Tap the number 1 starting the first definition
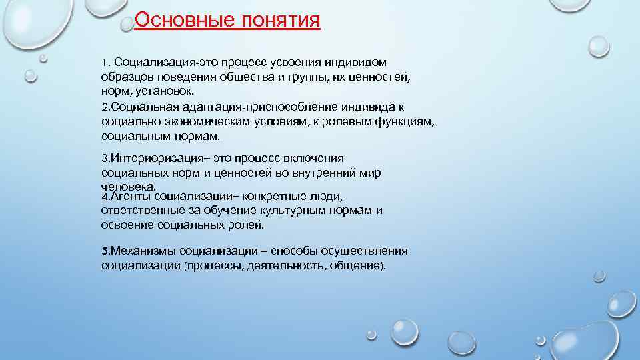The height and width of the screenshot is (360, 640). coord(105,62)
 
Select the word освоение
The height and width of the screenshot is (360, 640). coord(127,225)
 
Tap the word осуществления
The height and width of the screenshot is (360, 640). coord(364,251)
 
